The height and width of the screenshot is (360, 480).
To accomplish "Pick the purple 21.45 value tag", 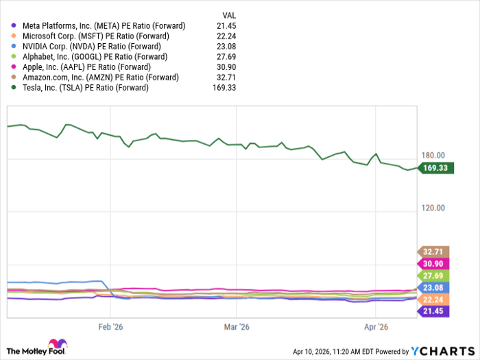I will point(433,312).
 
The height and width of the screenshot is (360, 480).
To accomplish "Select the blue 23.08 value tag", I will point(433,288).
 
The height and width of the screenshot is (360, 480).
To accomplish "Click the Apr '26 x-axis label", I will point(376,328).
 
